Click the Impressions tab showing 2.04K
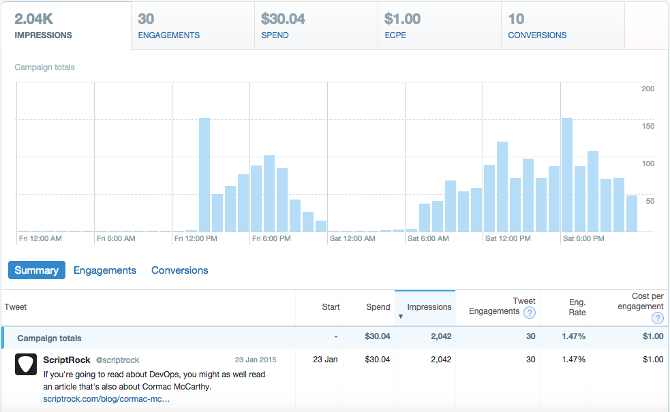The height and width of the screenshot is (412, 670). (x=65, y=26)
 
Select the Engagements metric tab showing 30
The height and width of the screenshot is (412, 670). (x=193, y=26)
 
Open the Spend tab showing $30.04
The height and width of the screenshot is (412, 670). (x=316, y=26)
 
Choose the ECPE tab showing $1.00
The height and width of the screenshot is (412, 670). (x=440, y=26)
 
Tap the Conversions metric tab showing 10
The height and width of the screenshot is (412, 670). (x=563, y=26)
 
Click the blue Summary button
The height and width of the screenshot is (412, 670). (x=37, y=270)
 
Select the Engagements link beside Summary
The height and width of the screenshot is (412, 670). (x=105, y=270)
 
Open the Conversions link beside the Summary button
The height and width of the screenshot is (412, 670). (x=180, y=270)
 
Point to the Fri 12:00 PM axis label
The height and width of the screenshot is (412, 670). (x=196, y=239)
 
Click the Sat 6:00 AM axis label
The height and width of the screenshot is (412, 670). (x=427, y=239)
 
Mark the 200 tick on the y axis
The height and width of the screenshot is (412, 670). (x=648, y=89)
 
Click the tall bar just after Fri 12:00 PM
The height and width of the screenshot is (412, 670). (x=204, y=174)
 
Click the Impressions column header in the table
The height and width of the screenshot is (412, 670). (x=429, y=307)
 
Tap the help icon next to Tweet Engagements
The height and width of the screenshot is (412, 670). (x=529, y=313)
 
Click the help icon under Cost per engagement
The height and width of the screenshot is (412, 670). (x=657, y=318)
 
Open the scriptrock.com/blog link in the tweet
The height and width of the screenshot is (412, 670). (x=106, y=399)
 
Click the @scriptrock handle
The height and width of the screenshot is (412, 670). (x=118, y=360)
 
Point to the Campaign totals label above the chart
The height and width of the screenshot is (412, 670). (x=45, y=67)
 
